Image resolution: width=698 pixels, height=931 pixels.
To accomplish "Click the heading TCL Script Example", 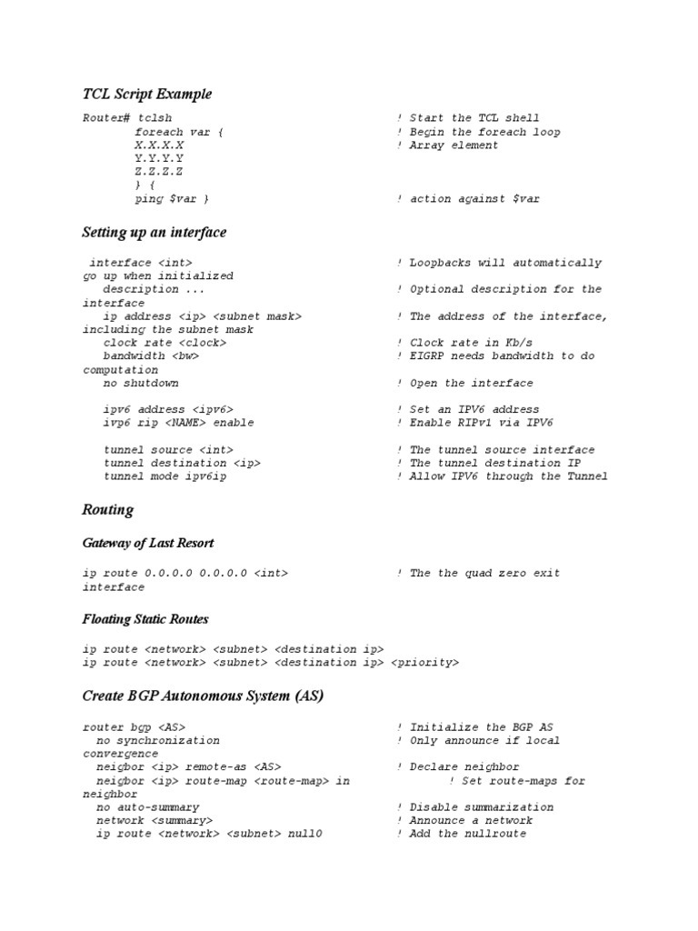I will click(x=146, y=94).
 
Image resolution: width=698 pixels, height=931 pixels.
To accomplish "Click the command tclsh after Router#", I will click(x=155, y=118).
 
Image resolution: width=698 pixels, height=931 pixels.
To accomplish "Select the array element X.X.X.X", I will click(x=159, y=145).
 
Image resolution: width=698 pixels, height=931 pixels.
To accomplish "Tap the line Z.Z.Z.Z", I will click(x=159, y=172).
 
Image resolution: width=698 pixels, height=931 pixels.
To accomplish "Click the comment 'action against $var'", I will click(x=474, y=198).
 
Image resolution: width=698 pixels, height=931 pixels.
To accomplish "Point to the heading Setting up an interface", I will click(x=154, y=232).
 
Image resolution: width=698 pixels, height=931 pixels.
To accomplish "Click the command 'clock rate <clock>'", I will click(x=165, y=343).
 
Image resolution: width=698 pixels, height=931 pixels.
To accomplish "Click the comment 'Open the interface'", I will click(x=472, y=383).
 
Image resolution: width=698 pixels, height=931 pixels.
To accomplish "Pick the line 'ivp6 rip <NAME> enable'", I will click(x=178, y=423).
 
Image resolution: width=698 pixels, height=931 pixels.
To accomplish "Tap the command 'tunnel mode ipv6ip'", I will click(x=165, y=476).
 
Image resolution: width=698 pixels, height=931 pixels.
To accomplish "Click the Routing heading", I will click(x=107, y=510).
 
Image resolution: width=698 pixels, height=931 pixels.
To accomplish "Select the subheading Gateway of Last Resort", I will click(x=148, y=543).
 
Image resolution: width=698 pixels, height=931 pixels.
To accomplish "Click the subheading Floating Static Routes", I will click(x=145, y=619).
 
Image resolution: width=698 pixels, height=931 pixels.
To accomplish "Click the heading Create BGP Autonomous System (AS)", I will click(x=203, y=696).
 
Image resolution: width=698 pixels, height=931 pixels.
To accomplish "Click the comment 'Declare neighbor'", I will click(x=464, y=767).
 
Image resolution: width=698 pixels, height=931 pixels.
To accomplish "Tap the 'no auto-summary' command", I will click(x=147, y=807).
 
